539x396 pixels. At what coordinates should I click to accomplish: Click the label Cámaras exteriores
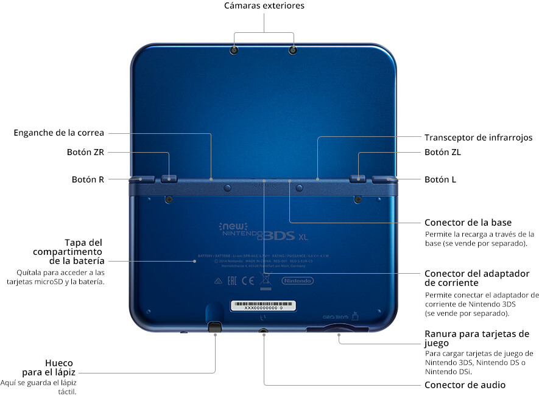pyautogui.click(x=264, y=6)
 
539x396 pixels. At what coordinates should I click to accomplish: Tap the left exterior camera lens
pyautogui.click(x=234, y=49)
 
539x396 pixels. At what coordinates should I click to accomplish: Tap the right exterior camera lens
pyautogui.click(x=293, y=49)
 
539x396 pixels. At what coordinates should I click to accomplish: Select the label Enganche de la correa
pyautogui.click(x=59, y=133)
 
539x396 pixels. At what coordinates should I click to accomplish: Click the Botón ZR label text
pyautogui.click(x=86, y=152)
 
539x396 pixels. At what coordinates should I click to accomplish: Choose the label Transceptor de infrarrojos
pyautogui.click(x=479, y=137)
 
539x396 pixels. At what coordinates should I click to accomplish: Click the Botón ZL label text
pyautogui.click(x=443, y=152)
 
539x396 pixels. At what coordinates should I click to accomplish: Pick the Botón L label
pyautogui.click(x=440, y=179)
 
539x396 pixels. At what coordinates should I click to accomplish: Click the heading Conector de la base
pyautogui.click(x=468, y=222)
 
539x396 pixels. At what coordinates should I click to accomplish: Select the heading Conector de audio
pyautogui.click(x=465, y=384)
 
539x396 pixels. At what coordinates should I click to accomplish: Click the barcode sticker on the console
pyautogui.click(x=263, y=305)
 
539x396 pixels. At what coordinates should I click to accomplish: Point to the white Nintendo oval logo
pyautogui.click(x=297, y=280)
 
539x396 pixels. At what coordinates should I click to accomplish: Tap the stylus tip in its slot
pyautogui.click(x=214, y=327)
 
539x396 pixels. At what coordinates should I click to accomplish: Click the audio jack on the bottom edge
pyautogui.click(x=264, y=332)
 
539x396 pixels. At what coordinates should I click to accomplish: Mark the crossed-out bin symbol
pyautogui.click(x=264, y=280)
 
